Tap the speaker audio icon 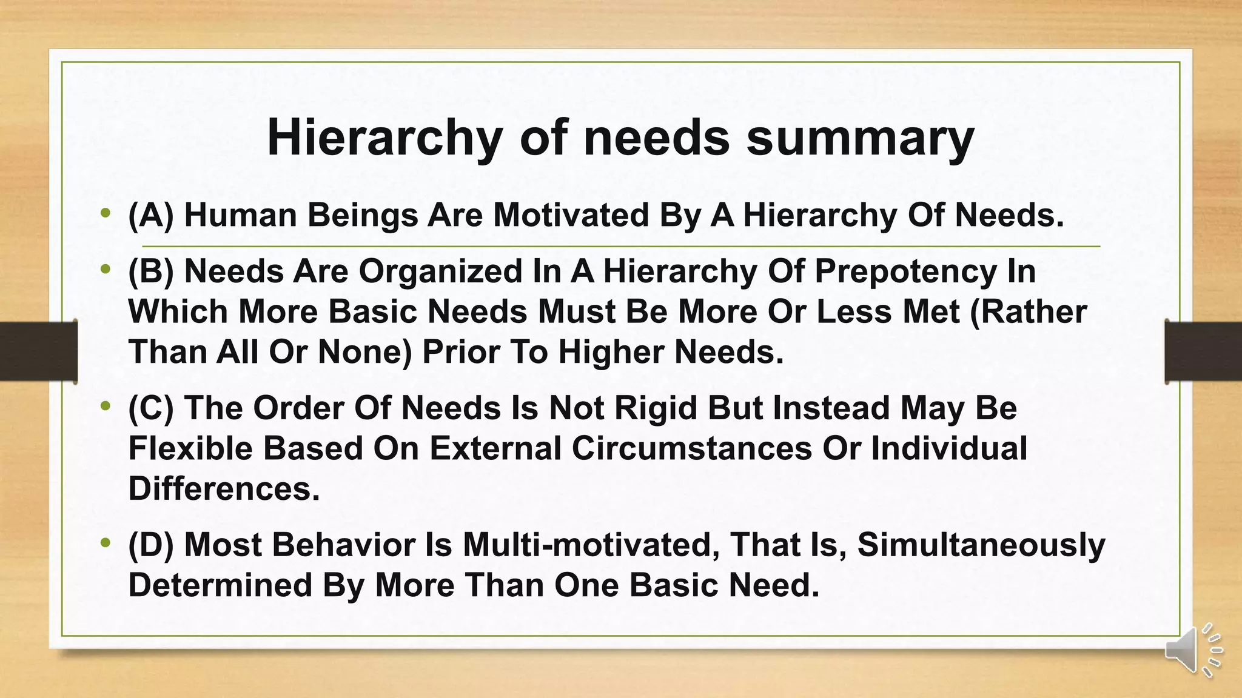tap(1191, 650)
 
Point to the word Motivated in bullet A tap(571, 215)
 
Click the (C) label tap(151, 408)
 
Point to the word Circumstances tap(691, 448)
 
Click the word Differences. tap(224, 488)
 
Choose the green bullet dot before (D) tap(106, 542)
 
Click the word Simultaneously tap(981, 545)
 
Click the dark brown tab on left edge tap(38, 351)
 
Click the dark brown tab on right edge tap(1203, 351)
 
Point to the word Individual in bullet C tap(949, 448)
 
